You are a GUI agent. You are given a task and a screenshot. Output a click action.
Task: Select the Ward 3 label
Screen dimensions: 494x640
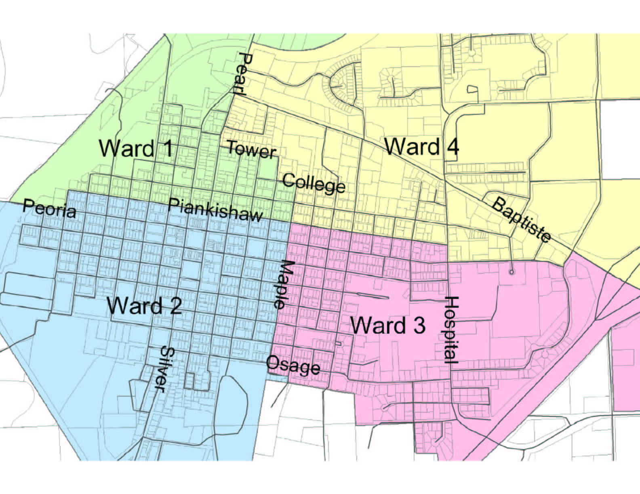pos(387,325)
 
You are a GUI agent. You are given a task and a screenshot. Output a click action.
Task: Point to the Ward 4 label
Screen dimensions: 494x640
pos(421,146)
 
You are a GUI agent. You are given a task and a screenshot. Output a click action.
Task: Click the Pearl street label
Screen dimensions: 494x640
pos(243,73)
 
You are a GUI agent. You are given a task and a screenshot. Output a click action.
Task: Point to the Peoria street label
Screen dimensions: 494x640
pos(49,208)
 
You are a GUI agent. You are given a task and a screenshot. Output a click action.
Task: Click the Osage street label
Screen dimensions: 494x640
pos(293,365)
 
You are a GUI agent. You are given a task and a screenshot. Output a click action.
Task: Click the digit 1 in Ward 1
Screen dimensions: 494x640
pos(167,148)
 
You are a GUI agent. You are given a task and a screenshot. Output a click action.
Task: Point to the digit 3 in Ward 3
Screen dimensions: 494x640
pos(418,326)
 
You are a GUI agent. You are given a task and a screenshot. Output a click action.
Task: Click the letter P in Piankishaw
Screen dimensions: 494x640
pos(174,206)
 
